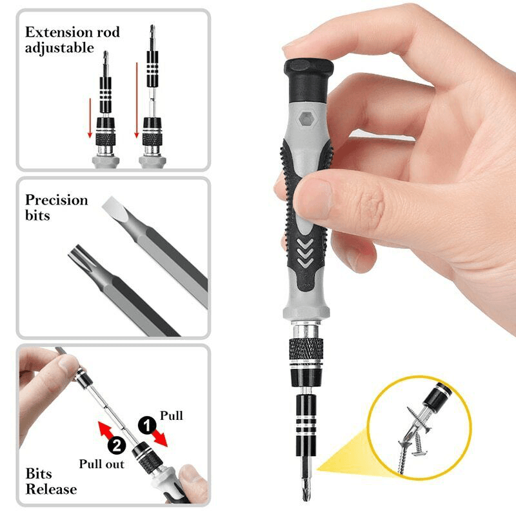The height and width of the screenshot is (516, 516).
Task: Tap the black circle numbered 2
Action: [117, 444]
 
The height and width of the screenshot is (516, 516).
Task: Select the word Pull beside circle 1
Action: [171, 416]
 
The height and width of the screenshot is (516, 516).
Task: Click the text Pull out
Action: [101, 463]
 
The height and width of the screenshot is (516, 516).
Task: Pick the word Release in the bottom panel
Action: [51, 489]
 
